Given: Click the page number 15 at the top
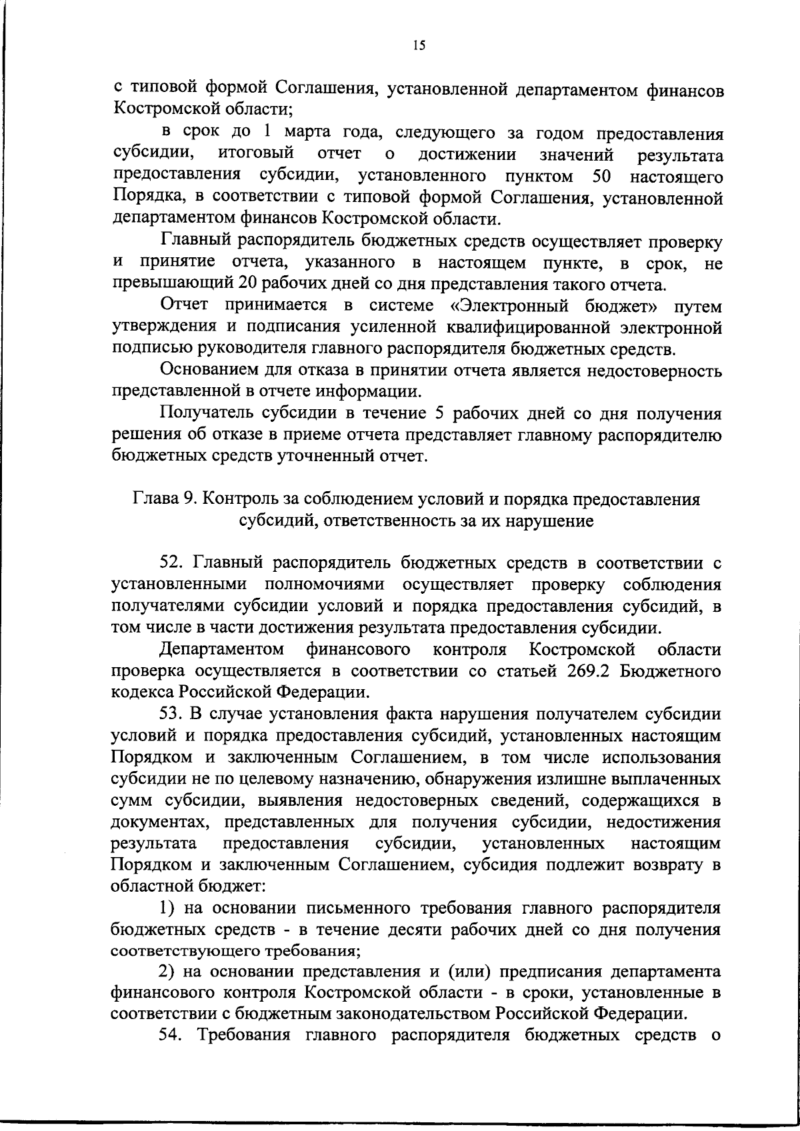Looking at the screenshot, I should (419, 46).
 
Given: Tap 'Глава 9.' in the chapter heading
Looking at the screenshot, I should (165, 500).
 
